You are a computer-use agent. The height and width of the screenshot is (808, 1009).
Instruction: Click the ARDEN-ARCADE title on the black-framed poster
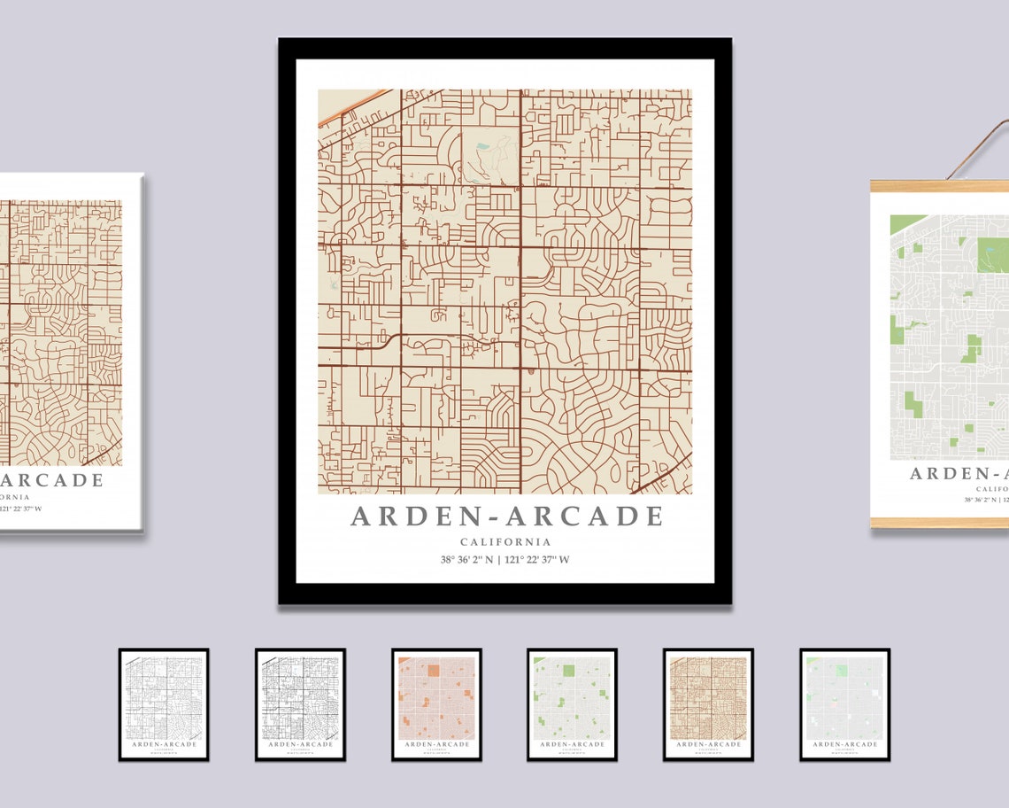point(505,516)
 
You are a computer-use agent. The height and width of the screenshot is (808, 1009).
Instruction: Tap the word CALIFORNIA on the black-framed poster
point(505,542)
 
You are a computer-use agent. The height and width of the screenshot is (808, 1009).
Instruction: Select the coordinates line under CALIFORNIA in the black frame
point(505,559)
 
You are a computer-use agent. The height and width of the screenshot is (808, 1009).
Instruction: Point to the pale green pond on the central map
point(482,147)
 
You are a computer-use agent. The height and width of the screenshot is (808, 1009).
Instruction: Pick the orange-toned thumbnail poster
point(436,703)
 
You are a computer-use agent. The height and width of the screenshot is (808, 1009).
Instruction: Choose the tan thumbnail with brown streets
point(708,703)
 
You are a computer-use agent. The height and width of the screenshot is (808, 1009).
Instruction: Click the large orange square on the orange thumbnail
point(434,671)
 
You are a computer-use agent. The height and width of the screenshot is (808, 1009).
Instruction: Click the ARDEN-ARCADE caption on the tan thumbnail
point(708,744)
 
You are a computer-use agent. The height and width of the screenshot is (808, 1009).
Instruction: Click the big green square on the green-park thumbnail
point(568,671)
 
